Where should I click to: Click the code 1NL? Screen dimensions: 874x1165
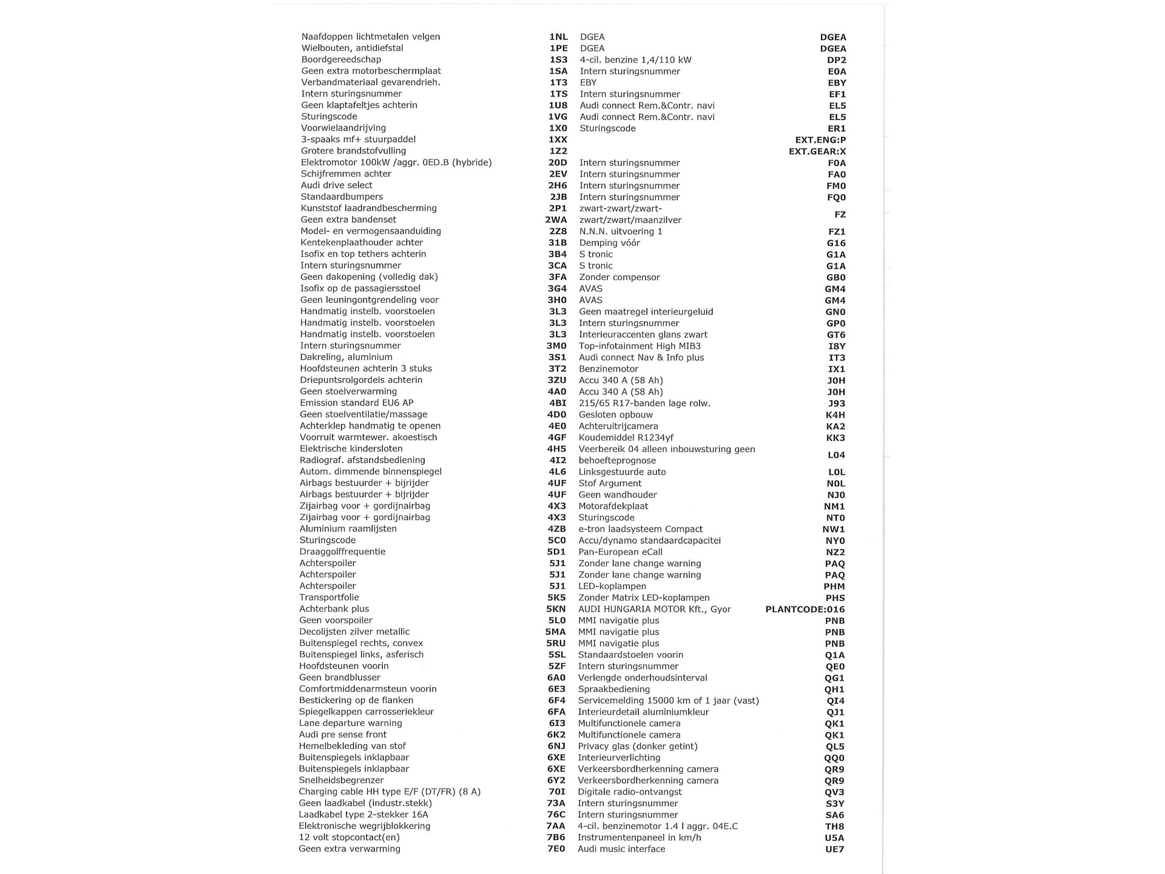coord(558,37)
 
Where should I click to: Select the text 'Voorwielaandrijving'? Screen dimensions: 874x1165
coord(343,128)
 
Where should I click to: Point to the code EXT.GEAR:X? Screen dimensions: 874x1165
coord(817,152)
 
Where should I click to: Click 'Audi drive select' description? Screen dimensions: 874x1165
coord(337,185)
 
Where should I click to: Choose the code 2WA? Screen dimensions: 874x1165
coord(556,220)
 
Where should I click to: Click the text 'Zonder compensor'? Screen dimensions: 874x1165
coord(620,277)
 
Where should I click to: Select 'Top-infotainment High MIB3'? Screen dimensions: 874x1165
coord(640,346)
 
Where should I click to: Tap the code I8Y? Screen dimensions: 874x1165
coord(837,347)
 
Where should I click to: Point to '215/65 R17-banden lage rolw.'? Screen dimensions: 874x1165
coord(644,403)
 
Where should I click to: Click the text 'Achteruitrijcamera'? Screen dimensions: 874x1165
coord(618,426)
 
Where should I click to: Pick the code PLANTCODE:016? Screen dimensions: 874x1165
coord(805,609)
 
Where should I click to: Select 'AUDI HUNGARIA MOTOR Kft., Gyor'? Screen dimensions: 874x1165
coord(655,609)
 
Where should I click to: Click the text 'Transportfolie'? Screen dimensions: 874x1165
coord(329,597)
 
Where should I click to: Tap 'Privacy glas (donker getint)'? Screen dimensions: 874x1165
coord(638,746)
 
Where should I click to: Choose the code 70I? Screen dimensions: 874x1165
coord(556,791)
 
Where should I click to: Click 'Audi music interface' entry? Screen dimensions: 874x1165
coord(621,849)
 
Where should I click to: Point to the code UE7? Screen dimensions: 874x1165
coord(834,850)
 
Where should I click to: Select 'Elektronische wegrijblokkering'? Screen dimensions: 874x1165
coord(364,826)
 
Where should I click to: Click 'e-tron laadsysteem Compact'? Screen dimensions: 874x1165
coord(641,529)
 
